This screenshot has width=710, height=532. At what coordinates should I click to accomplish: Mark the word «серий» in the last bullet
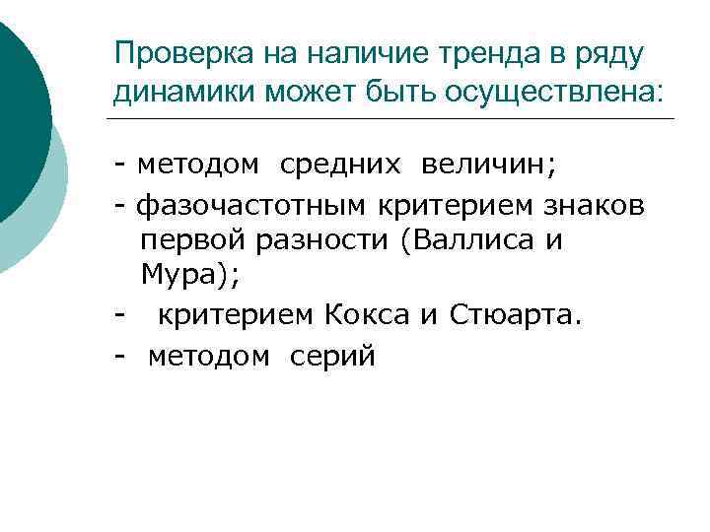coord(333,356)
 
